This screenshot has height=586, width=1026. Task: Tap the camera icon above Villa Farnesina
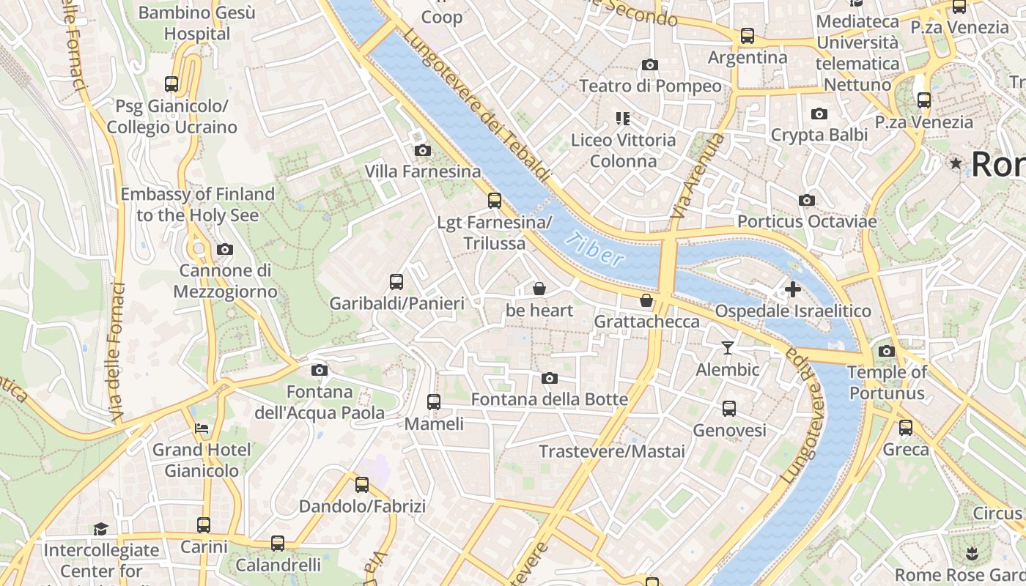(x=422, y=150)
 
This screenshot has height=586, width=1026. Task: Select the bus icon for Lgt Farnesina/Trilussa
(x=495, y=200)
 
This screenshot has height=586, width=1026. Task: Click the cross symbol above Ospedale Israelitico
(x=792, y=289)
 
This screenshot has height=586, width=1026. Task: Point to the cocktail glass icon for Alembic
(x=727, y=347)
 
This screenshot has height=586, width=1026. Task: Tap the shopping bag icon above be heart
(x=539, y=289)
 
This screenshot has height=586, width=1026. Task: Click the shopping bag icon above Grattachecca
(x=646, y=300)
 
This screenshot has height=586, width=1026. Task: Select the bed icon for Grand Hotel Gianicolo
(x=202, y=428)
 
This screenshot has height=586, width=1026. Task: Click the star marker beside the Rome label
(x=956, y=163)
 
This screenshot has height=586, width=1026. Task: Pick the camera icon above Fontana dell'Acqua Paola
(x=319, y=370)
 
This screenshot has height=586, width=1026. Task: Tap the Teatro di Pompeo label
(x=650, y=86)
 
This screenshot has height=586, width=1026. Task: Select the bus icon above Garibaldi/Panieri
(x=396, y=281)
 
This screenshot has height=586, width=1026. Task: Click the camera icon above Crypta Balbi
(x=819, y=114)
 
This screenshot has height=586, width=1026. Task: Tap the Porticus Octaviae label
(x=806, y=221)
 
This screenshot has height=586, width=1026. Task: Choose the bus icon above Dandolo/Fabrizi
(x=362, y=484)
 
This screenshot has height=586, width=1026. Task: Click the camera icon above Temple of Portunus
(x=886, y=351)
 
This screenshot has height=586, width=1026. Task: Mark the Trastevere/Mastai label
(x=612, y=451)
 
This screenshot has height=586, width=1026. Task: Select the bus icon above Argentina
(x=748, y=35)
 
